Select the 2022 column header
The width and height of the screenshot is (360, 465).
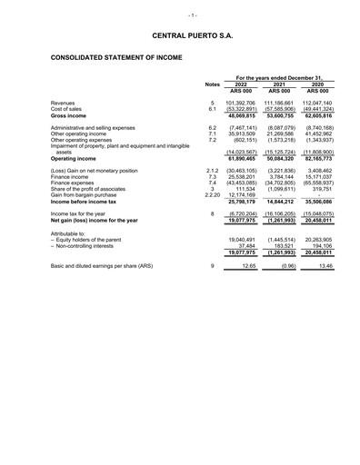(x=241, y=84)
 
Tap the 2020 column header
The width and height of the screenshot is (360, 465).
(x=318, y=84)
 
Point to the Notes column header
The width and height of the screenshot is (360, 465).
(x=212, y=84)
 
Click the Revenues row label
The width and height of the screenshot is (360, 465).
(x=64, y=104)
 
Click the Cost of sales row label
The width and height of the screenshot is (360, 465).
(x=67, y=110)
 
